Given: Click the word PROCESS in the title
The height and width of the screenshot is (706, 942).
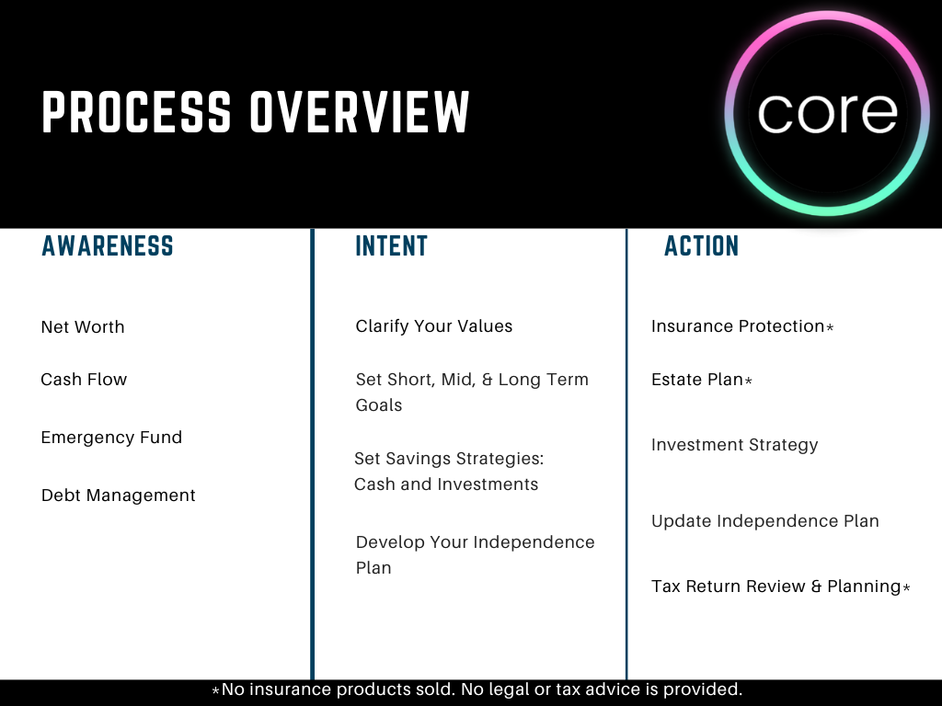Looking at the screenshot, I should (136, 112).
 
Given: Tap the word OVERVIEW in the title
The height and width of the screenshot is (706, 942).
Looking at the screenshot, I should (360, 112).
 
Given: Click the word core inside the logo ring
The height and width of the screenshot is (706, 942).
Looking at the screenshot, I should (827, 112).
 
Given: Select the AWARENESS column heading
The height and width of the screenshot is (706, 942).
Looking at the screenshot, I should (108, 246).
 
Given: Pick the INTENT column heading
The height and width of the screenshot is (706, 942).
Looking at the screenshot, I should (392, 246).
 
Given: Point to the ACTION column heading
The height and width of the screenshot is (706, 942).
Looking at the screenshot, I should (702, 246).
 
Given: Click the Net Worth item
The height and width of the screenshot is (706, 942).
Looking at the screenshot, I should (83, 327).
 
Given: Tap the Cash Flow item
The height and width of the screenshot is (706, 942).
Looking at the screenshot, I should (84, 380).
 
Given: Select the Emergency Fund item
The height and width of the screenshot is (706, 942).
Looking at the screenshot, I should (111, 438).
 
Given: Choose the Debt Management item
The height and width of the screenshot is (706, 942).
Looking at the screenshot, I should (119, 495).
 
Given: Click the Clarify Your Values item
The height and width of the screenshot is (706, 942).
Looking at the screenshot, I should (434, 326).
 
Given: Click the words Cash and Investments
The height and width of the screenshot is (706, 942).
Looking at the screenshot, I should (446, 484).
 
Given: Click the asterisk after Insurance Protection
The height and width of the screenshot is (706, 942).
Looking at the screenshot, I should (830, 328).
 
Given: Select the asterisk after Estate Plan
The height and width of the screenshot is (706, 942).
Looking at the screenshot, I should (748, 381).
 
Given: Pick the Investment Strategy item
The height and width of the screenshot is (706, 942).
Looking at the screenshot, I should (734, 445).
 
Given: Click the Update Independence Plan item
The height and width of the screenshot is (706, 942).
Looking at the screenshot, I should (765, 521).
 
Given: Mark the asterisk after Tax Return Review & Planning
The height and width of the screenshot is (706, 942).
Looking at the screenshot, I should (906, 588).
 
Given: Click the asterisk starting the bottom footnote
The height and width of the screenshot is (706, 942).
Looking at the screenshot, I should (216, 690).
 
